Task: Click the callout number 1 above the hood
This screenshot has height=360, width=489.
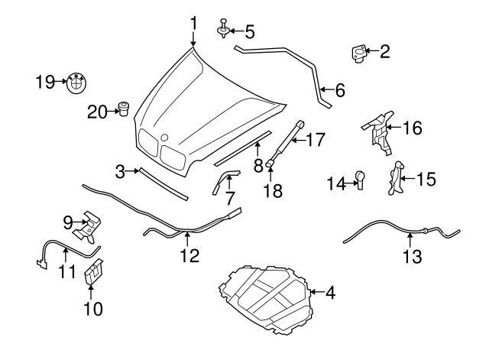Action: point(193,23)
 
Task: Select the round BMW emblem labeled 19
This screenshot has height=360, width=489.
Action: point(77,81)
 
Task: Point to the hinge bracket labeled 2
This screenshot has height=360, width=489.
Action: point(357,53)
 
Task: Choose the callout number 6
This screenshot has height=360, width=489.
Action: point(339,90)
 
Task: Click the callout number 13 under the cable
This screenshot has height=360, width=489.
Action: point(412,257)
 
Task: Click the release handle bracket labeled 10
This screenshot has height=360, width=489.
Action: point(94,272)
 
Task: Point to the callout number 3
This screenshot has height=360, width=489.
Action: point(120,173)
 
